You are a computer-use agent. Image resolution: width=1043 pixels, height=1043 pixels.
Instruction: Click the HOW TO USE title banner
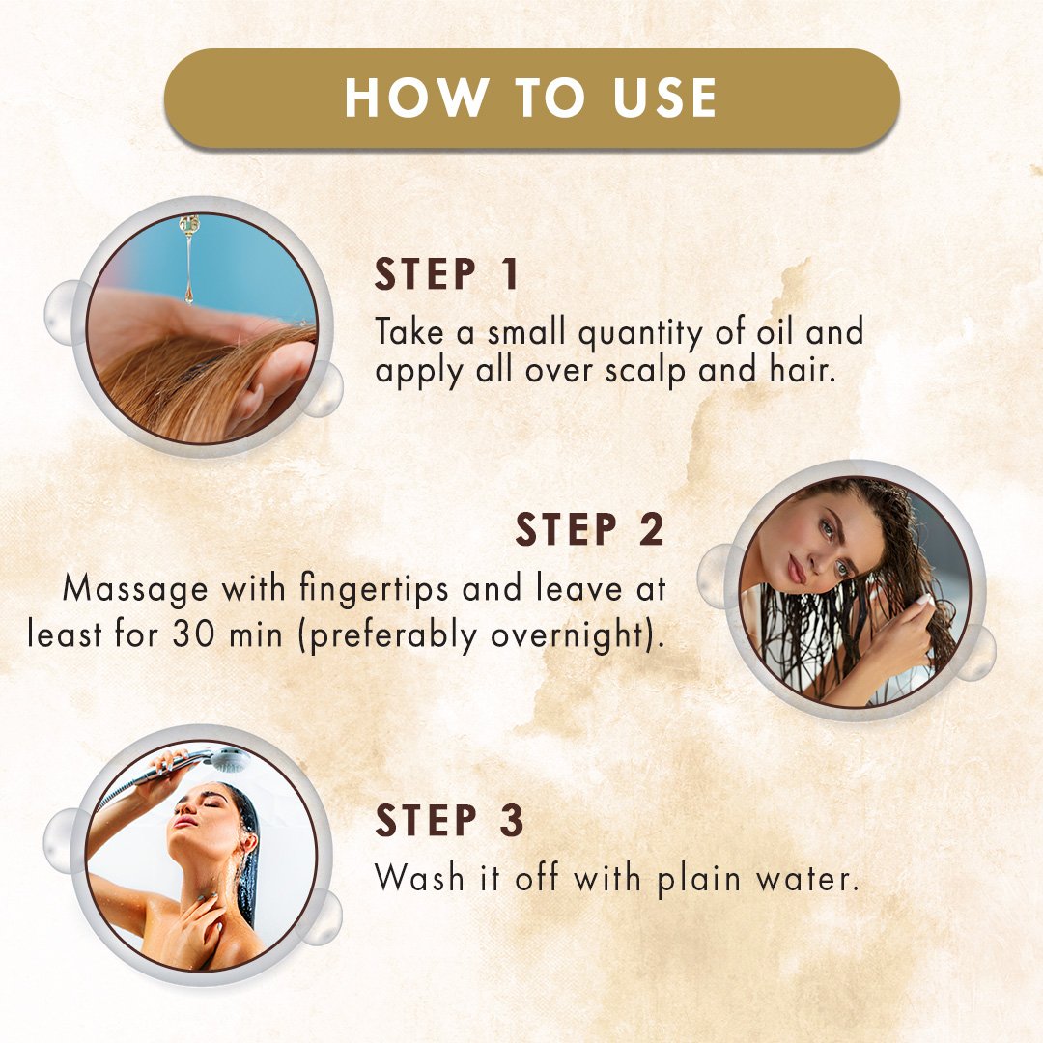(531, 99)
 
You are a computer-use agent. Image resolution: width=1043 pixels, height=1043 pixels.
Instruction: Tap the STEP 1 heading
(446, 274)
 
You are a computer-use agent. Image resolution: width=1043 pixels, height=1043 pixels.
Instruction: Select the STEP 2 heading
(590, 529)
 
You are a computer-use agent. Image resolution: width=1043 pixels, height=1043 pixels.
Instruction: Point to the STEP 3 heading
(450, 820)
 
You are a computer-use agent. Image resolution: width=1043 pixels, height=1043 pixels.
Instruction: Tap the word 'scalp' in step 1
(645, 372)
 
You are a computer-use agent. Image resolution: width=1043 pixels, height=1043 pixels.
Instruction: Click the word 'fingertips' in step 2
(374, 590)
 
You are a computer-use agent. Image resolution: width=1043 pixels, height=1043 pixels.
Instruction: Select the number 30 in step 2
(193, 634)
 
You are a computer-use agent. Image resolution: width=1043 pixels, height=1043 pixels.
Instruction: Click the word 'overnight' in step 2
(570, 635)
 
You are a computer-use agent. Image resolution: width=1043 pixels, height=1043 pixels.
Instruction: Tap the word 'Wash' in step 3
(419, 878)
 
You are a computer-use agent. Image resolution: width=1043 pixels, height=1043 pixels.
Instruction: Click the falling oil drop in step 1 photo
(189, 295)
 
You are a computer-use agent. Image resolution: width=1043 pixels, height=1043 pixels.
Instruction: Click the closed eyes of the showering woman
(205, 803)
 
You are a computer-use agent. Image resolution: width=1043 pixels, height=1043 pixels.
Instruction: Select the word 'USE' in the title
(664, 98)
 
